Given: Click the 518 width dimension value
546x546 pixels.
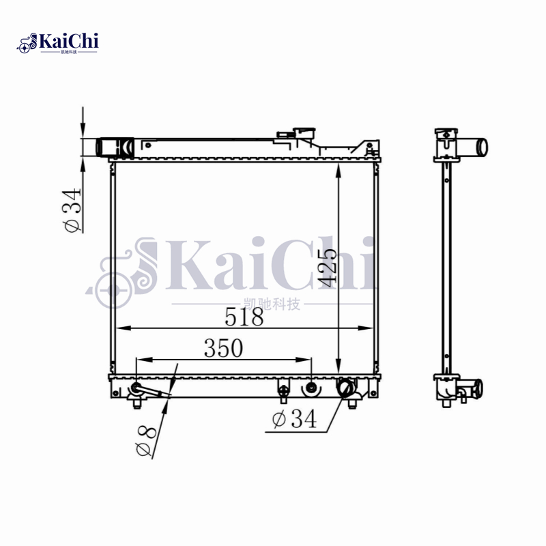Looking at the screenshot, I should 244,317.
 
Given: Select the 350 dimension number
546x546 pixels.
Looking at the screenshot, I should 223,348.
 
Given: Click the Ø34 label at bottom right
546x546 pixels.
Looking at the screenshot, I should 294,420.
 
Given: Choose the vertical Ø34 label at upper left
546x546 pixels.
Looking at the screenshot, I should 72,211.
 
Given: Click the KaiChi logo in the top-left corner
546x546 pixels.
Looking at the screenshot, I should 58,43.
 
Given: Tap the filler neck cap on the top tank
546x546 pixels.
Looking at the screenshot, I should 301,132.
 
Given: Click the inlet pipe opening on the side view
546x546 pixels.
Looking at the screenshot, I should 481,147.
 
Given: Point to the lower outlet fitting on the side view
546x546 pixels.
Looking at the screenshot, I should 471,389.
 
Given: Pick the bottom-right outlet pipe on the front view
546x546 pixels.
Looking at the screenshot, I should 348,389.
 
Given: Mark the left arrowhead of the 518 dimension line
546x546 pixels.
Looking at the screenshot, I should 120,328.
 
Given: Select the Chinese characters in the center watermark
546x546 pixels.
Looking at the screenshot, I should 272,304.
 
